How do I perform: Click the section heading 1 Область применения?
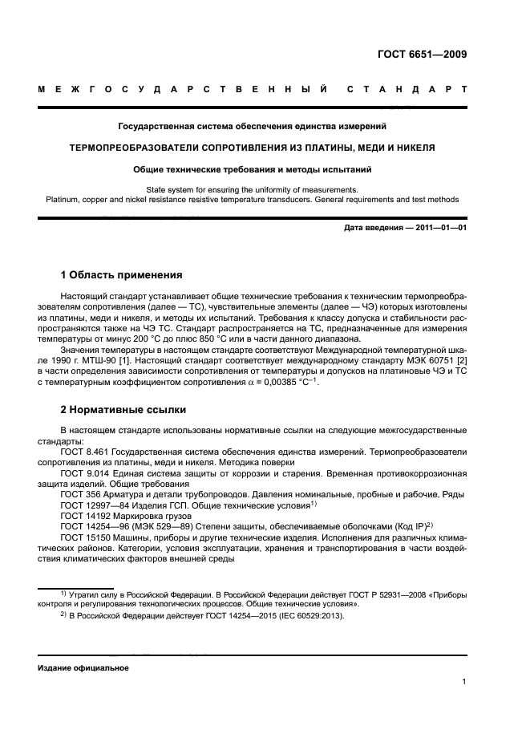pos(122,275)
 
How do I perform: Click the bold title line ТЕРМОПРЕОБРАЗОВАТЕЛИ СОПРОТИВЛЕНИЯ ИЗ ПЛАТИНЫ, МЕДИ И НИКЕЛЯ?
pos(253,148)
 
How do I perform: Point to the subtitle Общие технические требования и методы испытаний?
pos(253,169)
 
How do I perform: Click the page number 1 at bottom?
pos(464,682)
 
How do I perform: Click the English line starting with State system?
pos(253,189)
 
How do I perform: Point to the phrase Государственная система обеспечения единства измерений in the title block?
pos(253,126)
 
